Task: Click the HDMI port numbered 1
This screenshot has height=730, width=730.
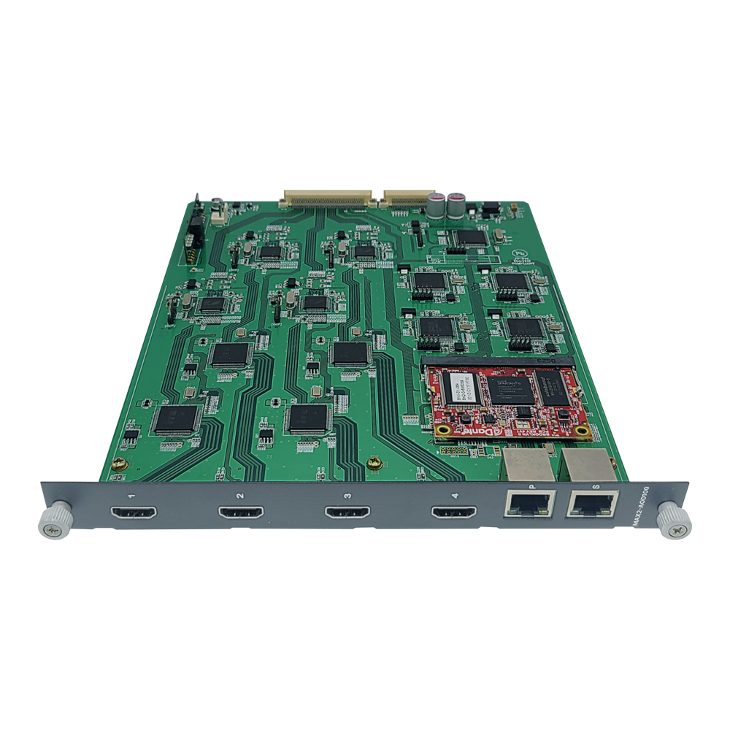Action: pos(133,513)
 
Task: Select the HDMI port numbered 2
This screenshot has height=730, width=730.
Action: pos(241,513)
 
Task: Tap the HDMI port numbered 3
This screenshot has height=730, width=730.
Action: pos(347,513)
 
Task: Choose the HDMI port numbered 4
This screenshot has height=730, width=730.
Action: pos(453,513)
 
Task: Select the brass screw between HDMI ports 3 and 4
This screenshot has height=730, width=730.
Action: pos(375,461)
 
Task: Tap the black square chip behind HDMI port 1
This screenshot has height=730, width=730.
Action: pos(176,418)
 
